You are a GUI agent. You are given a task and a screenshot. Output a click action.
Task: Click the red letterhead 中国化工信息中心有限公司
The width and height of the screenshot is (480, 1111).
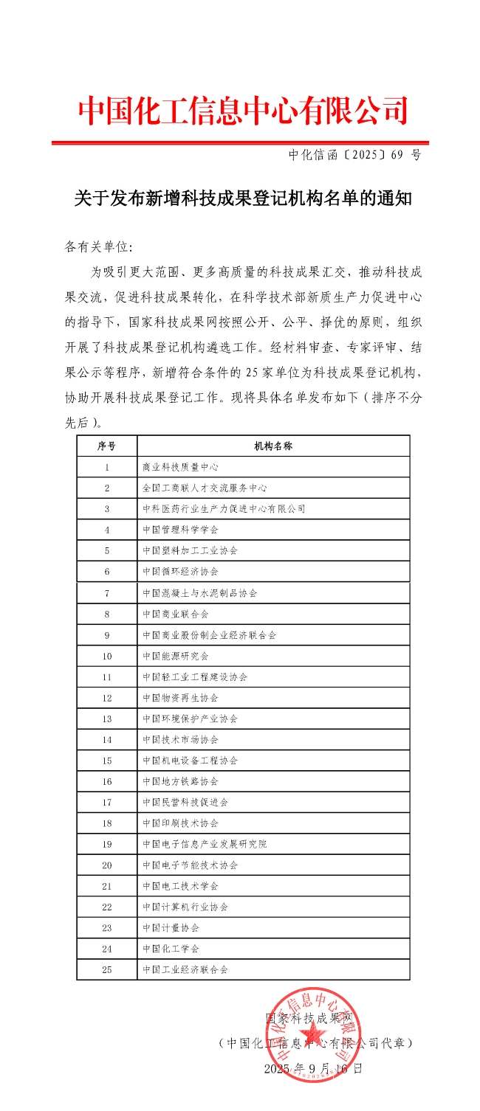point(243,111)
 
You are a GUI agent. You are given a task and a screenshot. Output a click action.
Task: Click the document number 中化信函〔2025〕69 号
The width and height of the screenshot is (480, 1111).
point(354,155)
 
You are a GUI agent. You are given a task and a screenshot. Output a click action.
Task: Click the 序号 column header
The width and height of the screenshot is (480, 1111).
point(107,446)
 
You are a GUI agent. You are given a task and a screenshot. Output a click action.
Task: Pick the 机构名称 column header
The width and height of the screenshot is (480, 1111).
point(273,446)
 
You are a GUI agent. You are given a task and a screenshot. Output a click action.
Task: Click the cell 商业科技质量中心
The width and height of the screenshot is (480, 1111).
point(180,467)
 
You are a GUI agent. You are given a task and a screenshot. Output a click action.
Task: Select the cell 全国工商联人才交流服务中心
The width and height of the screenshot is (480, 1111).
point(205,488)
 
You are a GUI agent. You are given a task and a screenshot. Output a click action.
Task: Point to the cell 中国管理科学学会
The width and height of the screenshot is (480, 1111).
point(180,530)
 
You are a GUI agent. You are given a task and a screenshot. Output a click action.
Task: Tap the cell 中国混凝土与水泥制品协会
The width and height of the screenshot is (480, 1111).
point(200,592)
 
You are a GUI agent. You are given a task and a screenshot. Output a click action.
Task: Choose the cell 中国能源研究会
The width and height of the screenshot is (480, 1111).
point(176,656)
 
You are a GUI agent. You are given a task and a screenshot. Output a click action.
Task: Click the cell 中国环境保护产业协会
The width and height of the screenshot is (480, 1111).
point(191,719)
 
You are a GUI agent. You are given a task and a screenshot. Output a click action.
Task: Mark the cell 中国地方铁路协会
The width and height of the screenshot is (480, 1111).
point(180,781)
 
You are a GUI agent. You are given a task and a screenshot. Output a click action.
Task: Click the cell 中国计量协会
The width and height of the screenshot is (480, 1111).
point(171,928)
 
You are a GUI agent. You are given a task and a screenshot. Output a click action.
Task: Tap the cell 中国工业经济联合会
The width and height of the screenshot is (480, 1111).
point(185,969)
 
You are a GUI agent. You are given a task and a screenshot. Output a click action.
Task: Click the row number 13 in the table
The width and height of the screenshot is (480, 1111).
point(107,719)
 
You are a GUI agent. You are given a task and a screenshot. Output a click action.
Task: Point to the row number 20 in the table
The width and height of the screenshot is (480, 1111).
point(107,865)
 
